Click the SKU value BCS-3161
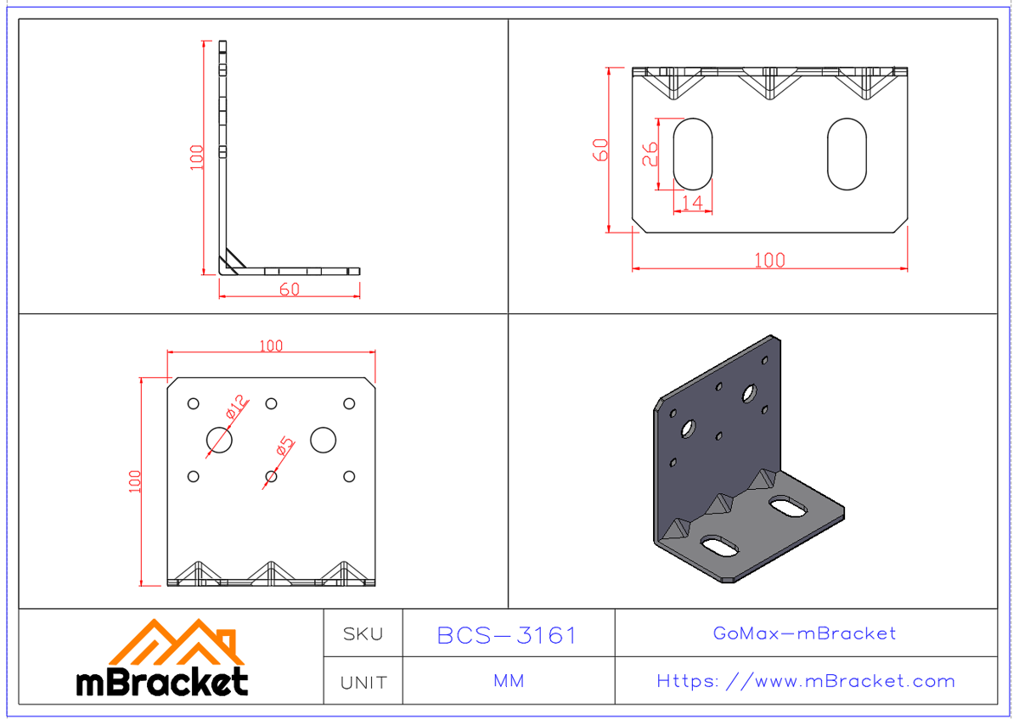point(507,635)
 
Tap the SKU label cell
point(363,633)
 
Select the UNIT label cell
point(363,682)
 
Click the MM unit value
point(508,681)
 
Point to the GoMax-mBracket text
point(804,633)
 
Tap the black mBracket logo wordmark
point(162,682)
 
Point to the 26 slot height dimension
point(649,154)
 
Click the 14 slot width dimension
point(692,202)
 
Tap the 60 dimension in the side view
point(289,290)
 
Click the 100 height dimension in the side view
point(197,157)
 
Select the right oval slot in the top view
point(847,154)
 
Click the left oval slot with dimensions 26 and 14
point(692,154)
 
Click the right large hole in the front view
point(323,439)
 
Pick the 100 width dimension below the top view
point(769,261)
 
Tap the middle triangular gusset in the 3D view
point(720,503)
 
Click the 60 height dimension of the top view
point(600,149)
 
